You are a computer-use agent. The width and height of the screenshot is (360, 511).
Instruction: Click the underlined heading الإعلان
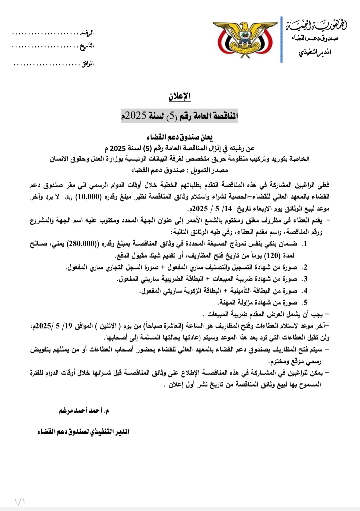point(179,96)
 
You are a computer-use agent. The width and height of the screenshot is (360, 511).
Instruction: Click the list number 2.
point(304,267)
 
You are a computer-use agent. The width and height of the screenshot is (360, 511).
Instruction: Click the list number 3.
point(304,279)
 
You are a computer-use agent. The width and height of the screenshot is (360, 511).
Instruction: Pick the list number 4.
point(304,291)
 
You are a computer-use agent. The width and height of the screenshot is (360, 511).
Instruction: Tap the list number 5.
point(304,303)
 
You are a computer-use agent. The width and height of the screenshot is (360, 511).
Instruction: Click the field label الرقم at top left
point(87,33)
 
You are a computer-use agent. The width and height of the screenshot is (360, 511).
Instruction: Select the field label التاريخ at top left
point(87,46)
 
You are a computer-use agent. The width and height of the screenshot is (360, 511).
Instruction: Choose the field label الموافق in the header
point(87,64)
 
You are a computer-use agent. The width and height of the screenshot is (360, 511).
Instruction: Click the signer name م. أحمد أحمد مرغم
point(84,411)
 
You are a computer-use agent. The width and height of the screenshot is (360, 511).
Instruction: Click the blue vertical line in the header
point(282,39)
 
